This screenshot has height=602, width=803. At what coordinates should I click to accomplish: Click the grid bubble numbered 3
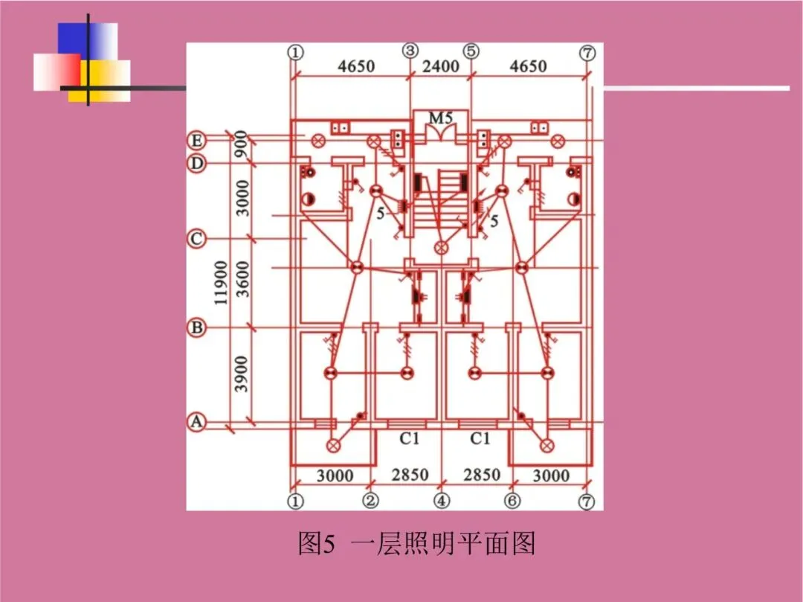410,51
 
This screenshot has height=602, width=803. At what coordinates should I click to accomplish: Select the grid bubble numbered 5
471,51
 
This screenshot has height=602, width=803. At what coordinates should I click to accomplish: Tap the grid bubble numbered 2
371,501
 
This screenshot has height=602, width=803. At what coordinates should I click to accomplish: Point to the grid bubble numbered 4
442,501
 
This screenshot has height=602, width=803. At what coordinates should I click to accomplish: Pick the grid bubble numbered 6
512,501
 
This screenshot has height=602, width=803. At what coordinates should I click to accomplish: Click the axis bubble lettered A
196,423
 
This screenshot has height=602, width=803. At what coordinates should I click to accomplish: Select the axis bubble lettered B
196,327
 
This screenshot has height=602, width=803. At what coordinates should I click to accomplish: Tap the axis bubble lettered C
196,240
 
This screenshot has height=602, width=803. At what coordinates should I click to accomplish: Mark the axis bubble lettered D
196,163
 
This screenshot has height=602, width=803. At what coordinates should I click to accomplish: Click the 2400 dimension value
441,66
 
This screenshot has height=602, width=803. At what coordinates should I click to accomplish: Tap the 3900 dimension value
242,375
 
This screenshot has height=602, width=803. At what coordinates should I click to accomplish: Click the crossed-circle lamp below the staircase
442,247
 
